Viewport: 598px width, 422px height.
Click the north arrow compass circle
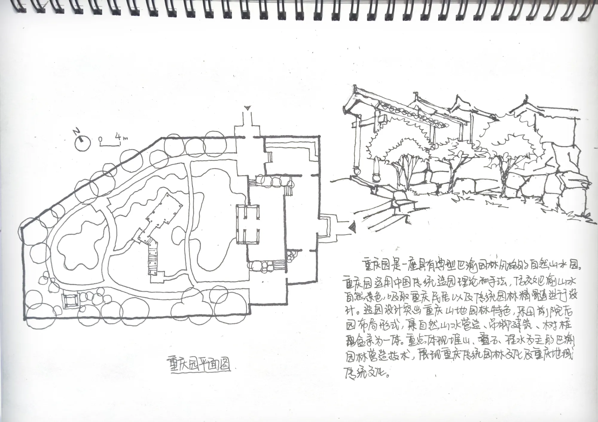(82, 143)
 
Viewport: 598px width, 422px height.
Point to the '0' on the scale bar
(101, 139)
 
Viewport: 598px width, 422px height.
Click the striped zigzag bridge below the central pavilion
(153, 257)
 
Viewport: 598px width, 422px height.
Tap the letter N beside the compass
(77, 132)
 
